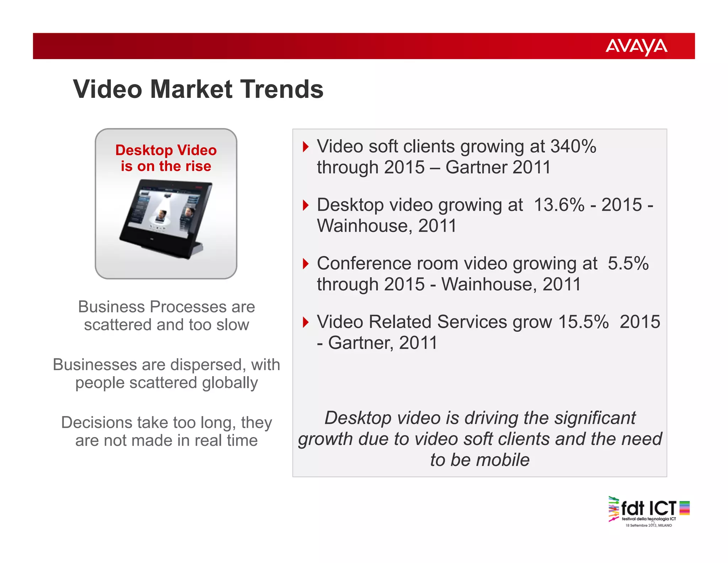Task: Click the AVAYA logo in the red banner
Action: pyautogui.click(x=636, y=46)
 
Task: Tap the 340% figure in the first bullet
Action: pyautogui.click(x=573, y=146)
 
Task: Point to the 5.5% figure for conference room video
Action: pyautogui.click(x=628, y=263)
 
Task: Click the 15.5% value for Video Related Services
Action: pyautogui.click(x=583, y=322)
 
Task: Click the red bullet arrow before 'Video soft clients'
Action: pyautogui.click(x=305, y=147)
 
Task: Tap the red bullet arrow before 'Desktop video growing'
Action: pyautogui.click(x=305, y=205)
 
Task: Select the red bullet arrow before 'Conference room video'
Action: pyautogui.click(x=305, y=264)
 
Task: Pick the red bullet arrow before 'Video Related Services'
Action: pyautogui.click(x=305, y=322)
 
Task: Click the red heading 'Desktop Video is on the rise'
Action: pyautogui.click(x=166, y=158)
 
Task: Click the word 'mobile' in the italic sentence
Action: pyautogui.click(x=503, y=460)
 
